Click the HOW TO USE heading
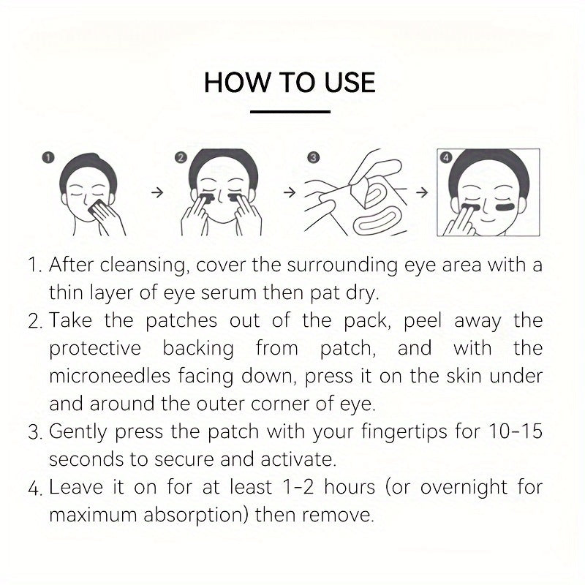pyautogui.click(x=290, y=82)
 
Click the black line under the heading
pyautogui.click(x=290, y=112)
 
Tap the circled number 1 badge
pyautogui.click(x=49, y=157)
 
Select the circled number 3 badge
pyautogui.click(x=312, y=157)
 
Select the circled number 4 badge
pyautogui.click(x=446, y=157)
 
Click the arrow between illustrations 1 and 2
pyautogui.click(x=155, y=193)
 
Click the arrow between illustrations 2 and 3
pyautogui.click(x=289, y=193)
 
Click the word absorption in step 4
pyautogui.click(x=197, y=514)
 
